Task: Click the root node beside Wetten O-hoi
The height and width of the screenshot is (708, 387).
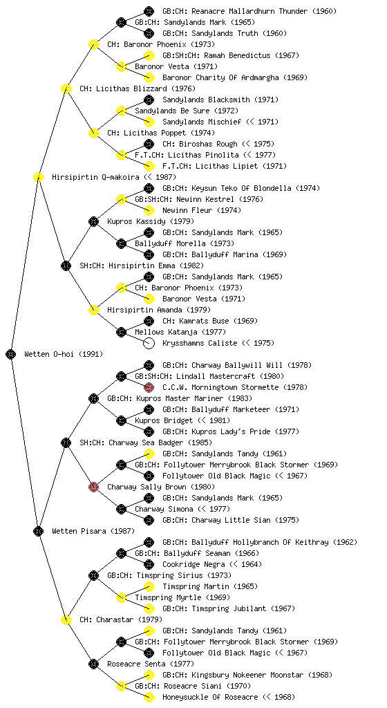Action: point(11,354)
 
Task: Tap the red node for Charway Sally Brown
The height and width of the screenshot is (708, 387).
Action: point(93,487)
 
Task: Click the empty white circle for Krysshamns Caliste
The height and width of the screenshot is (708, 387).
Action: point(149,343)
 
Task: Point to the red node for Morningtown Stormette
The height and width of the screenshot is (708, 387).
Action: point(149,387)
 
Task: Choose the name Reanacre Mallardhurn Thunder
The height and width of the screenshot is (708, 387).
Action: point(238,11)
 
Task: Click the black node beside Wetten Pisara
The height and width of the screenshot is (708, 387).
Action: point(38,531)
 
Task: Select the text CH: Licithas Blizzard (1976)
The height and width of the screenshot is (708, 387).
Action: point(131,88)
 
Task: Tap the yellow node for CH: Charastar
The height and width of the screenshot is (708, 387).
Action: point(66,619)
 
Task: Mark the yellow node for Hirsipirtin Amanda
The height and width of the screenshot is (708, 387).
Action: point(93,310)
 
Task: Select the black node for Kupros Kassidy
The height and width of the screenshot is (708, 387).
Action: point(93,221)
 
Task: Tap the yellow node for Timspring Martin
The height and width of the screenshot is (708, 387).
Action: point(149,586)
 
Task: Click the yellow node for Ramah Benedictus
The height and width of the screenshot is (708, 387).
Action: point(149,55)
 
